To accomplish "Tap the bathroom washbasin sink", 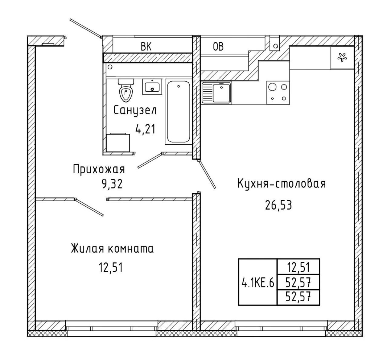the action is tap(152, 87).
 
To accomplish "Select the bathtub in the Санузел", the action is tap(178, 112).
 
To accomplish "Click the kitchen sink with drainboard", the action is tap(216, 93).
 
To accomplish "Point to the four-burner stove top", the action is tap(278, 93).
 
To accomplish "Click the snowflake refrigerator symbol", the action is tap(342, 58).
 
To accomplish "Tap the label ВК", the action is tap(146, 47).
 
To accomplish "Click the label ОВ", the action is tap(218, 47).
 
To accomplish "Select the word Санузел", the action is tap(135, 110).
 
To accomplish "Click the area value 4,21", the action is tap(145, 129).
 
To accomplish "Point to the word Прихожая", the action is tap(99, 169).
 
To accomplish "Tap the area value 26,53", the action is tap(278, 205).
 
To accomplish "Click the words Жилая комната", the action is tap(112, 249).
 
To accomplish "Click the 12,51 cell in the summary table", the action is tap(298, 267).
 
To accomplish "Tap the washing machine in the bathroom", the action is tap(118, 142).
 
